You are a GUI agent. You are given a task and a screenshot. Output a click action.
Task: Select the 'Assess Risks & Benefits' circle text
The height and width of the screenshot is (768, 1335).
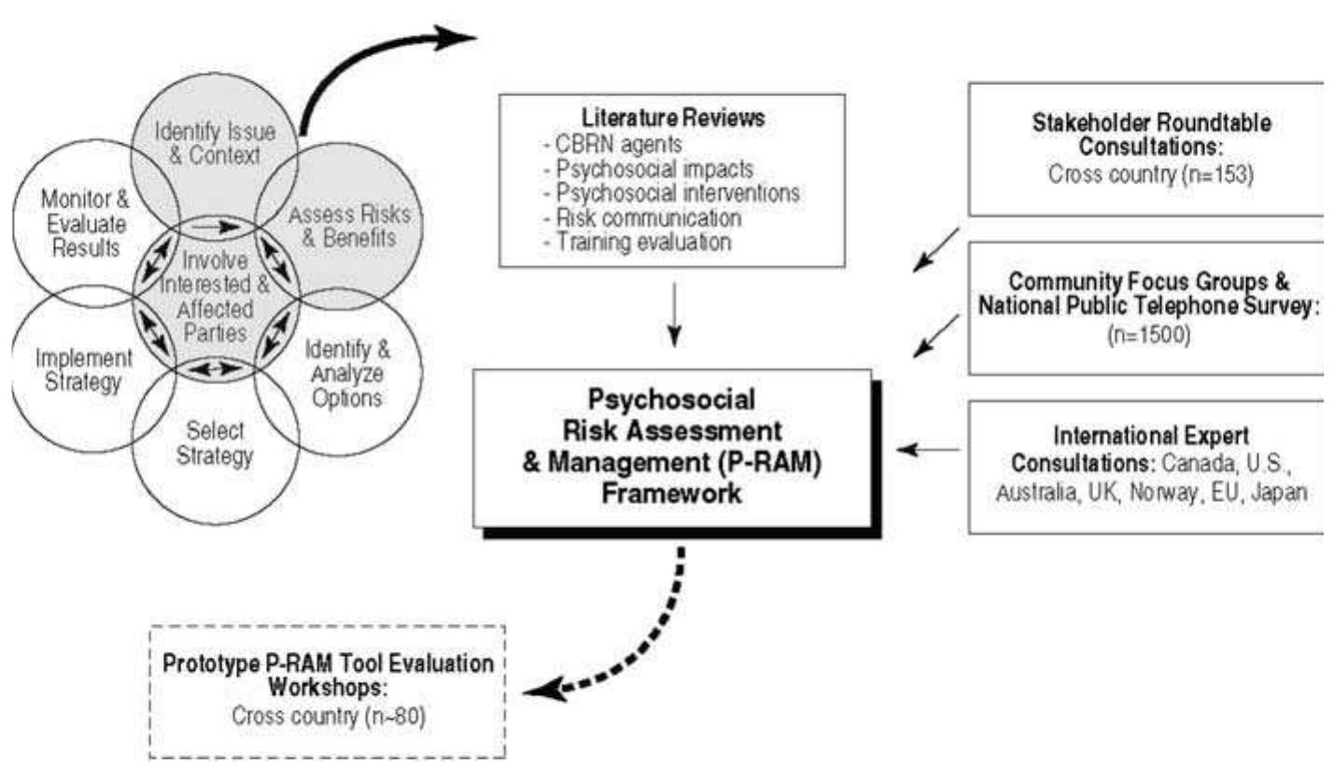pos(342,227)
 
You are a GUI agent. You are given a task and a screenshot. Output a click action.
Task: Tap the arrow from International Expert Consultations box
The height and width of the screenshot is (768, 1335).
pos(929,451)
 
